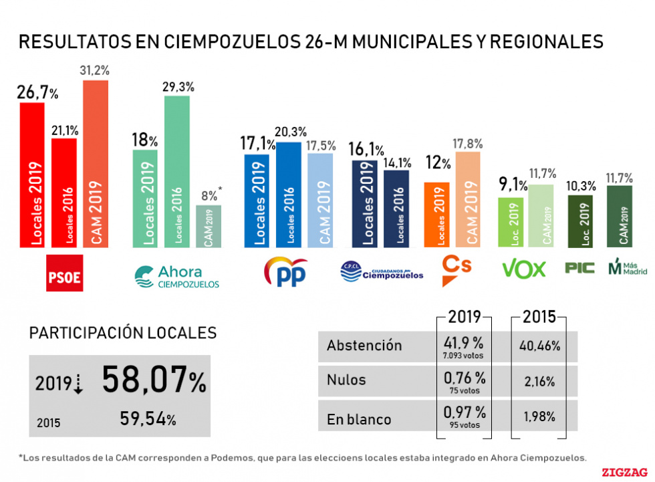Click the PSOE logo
(x=64, y=273)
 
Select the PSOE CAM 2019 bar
(x=95, y=164)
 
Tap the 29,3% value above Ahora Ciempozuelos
(x=176, y=87)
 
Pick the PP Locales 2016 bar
(x=288, y=194)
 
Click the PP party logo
(x=286, y=273)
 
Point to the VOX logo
(x=523, y=269)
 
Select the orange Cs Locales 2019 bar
(x=436, y=214)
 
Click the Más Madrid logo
(x=628, y=268)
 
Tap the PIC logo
(x=579, y=269)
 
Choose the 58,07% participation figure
(x=154, y=381)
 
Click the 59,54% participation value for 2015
(x=148, y=419)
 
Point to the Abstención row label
(x=364, y=346)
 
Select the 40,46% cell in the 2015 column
(x=539, y=346)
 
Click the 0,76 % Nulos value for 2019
(x=464, y=378)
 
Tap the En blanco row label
(x=359, y=420)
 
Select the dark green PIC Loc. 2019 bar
(x=579, y=221)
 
